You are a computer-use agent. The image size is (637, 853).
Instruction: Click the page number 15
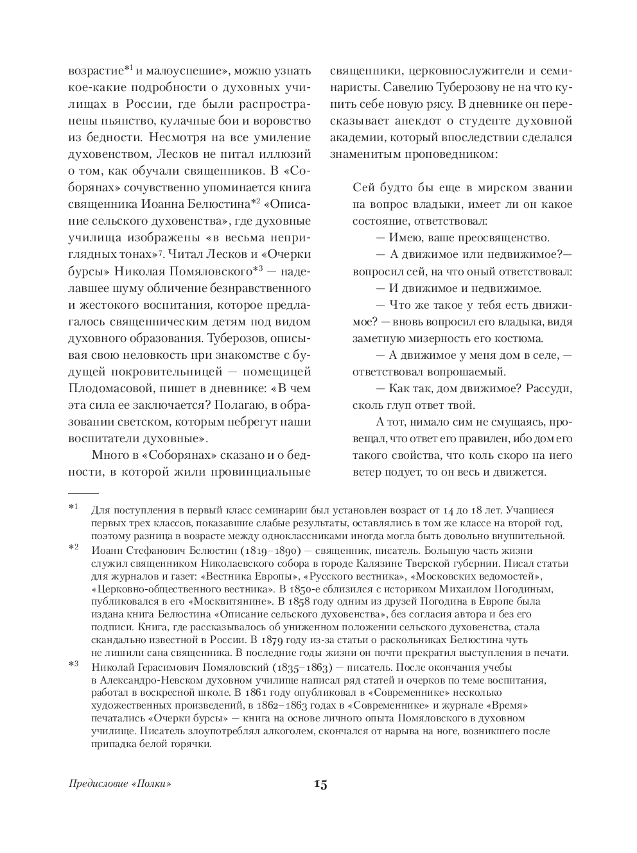(x=320, y=784)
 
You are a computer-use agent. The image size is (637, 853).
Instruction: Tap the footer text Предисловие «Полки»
(x=122, y=784)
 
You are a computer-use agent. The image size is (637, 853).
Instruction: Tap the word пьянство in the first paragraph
(x=100, y=120)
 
